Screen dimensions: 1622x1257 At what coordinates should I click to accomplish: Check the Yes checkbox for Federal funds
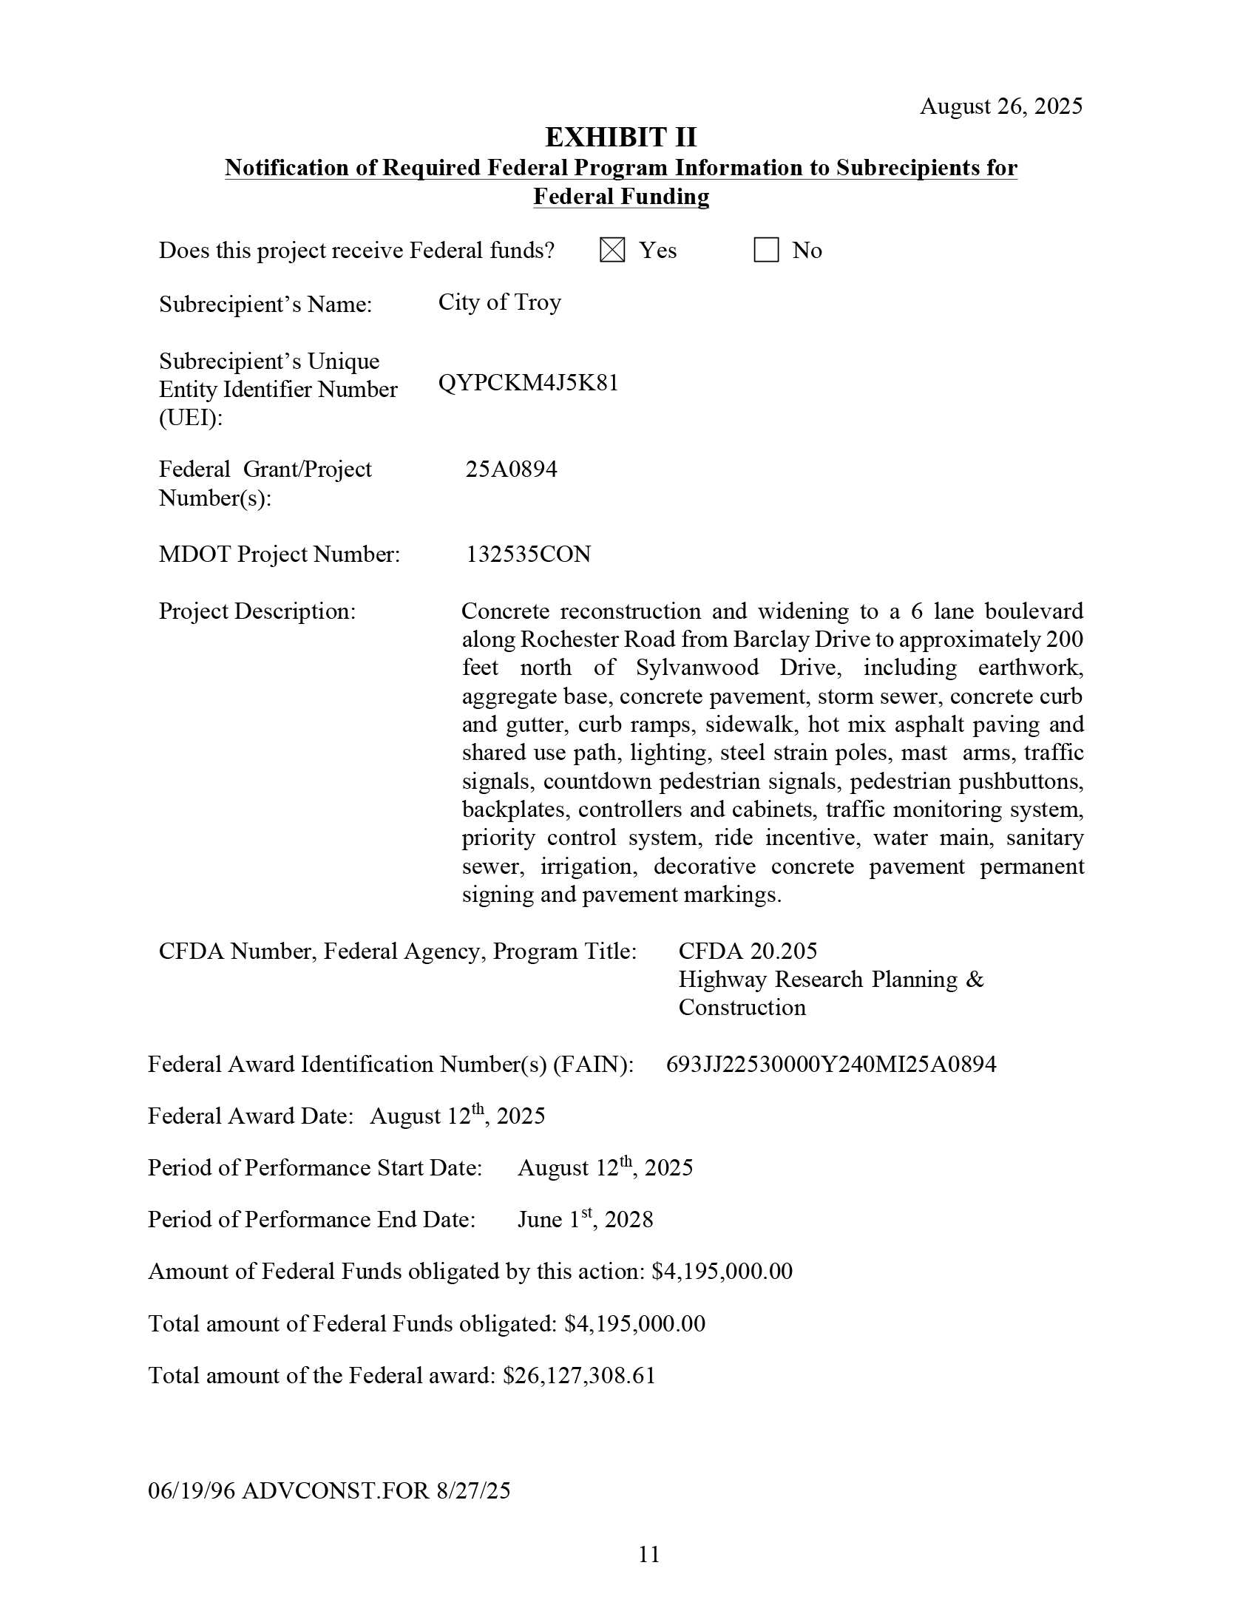[x=612, y=251]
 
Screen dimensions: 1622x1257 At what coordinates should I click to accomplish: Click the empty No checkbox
[x=766, y=251]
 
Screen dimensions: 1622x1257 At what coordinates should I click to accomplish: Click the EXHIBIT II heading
[x=621, y=138]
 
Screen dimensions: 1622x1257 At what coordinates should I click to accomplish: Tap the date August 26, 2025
[x=1000, y=106]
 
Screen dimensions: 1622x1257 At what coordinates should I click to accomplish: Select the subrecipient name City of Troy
[x=499, y=302]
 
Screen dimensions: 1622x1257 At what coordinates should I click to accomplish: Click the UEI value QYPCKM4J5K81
[x=528, y=383]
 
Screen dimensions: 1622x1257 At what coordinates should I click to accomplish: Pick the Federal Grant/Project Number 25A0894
[x=511, y=469]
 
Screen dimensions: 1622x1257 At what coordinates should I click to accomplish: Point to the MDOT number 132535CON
[x=528, y=554]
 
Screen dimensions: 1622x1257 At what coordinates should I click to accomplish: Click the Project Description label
[x=257, y=611]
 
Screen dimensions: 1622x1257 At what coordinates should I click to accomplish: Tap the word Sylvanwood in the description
[x=697, y=668]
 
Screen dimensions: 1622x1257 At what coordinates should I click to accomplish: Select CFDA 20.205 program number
[x=748, y=951]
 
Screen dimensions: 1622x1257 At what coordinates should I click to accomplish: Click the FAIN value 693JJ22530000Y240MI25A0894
[x=830, y=1065]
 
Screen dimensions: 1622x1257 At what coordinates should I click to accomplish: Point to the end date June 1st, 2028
[x=585, y=1220]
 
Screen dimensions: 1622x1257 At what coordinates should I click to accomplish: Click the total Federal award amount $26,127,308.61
[x=580, y=1375]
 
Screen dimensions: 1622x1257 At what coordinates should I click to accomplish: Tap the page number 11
[x=648, y=1554]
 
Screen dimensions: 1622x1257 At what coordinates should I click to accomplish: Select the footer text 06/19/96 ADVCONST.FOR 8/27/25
[x=329, y=1490]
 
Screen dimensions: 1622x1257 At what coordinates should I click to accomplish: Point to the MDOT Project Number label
[x=279, y=554]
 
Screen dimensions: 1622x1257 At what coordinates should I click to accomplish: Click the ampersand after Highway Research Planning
[x=975, y=980]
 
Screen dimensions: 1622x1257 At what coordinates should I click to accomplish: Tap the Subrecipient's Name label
[x=265, y=305]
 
